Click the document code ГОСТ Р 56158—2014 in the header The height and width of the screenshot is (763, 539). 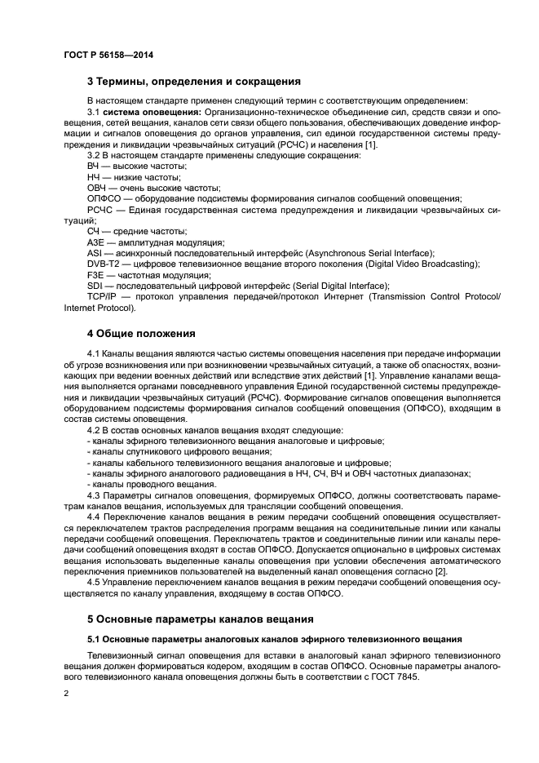108,55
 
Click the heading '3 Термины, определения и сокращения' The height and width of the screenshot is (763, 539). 193,82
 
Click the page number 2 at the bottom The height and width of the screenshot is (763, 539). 67,693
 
